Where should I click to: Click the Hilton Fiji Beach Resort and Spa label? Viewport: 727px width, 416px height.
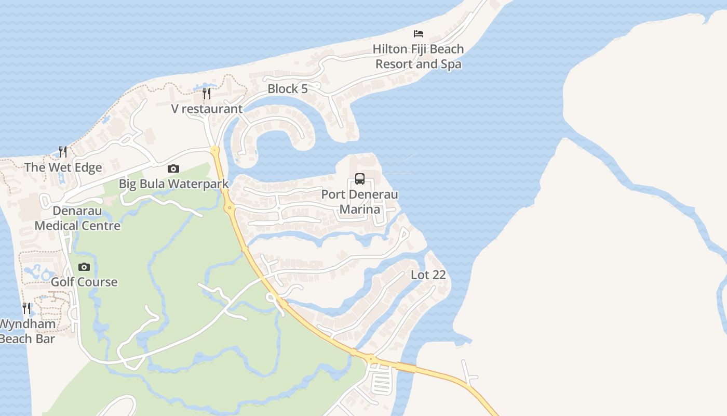418,57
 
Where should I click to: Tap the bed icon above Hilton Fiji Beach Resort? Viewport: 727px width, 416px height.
419,34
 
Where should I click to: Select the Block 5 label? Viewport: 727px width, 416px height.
288,89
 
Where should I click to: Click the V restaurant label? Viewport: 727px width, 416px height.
207,109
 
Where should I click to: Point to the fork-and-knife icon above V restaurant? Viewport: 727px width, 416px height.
207,94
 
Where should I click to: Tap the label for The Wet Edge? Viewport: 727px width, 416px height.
63,167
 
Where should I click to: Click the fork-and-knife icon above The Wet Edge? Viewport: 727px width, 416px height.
63,152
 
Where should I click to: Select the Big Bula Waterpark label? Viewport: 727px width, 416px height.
173,184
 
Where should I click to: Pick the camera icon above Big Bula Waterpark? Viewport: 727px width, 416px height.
173,168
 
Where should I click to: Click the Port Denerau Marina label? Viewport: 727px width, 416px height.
359,202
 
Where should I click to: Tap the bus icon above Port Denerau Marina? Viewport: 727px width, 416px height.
360,179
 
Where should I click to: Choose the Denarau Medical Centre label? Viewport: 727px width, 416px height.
77,218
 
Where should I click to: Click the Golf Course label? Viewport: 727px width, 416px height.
84,282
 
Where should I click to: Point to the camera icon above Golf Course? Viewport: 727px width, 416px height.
84,267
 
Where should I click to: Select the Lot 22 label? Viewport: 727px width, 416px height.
428,275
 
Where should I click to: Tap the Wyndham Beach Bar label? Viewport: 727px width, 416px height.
27,331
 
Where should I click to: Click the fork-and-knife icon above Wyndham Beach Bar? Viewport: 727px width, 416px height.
26,308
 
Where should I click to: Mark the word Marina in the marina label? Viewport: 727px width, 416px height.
360,210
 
